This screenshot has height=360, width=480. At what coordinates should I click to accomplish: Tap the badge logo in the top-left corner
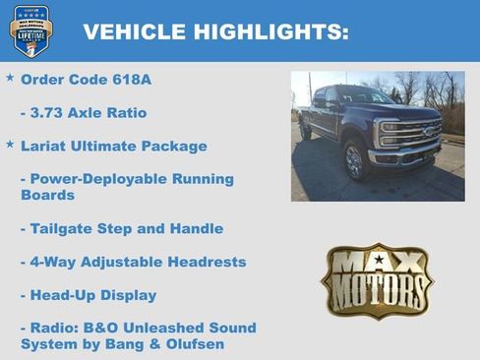[x=30, y=30]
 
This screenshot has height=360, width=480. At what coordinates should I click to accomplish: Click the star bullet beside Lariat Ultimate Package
[x=10, y=145]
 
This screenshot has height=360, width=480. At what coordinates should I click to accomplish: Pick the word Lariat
[x=45, y=146]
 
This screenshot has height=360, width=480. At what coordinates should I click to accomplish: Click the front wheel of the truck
[x=354, y=160]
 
